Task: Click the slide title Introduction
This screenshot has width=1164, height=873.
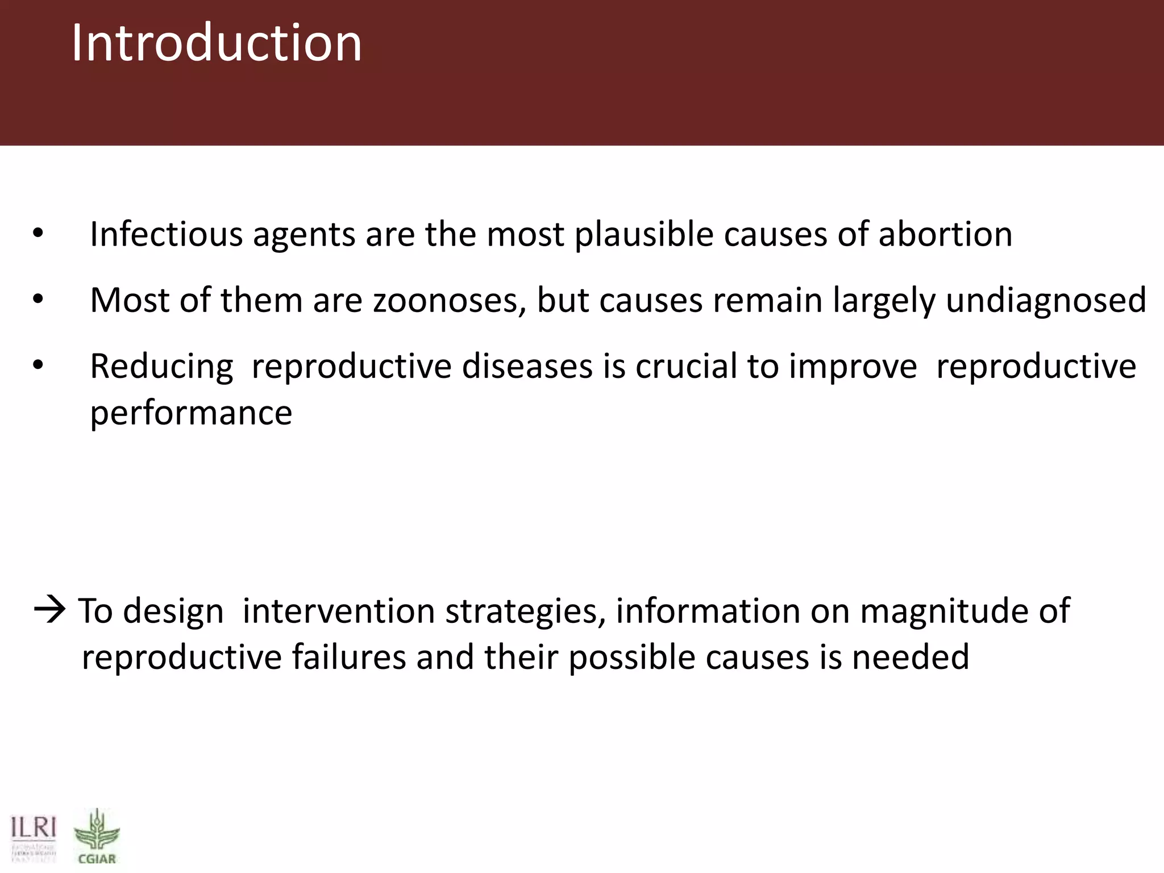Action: pos(216,43)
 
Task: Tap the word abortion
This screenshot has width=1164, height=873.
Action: pos(945,234)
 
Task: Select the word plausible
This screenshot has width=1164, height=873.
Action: pos(644,235)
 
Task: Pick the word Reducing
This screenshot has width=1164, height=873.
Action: pos(161,367)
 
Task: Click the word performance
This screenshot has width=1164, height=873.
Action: pos(191,414)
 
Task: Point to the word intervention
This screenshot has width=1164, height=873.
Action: pos(339,612)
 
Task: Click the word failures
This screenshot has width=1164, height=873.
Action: pos(349,658)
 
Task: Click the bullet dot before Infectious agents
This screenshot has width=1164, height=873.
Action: pos(38,234)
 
